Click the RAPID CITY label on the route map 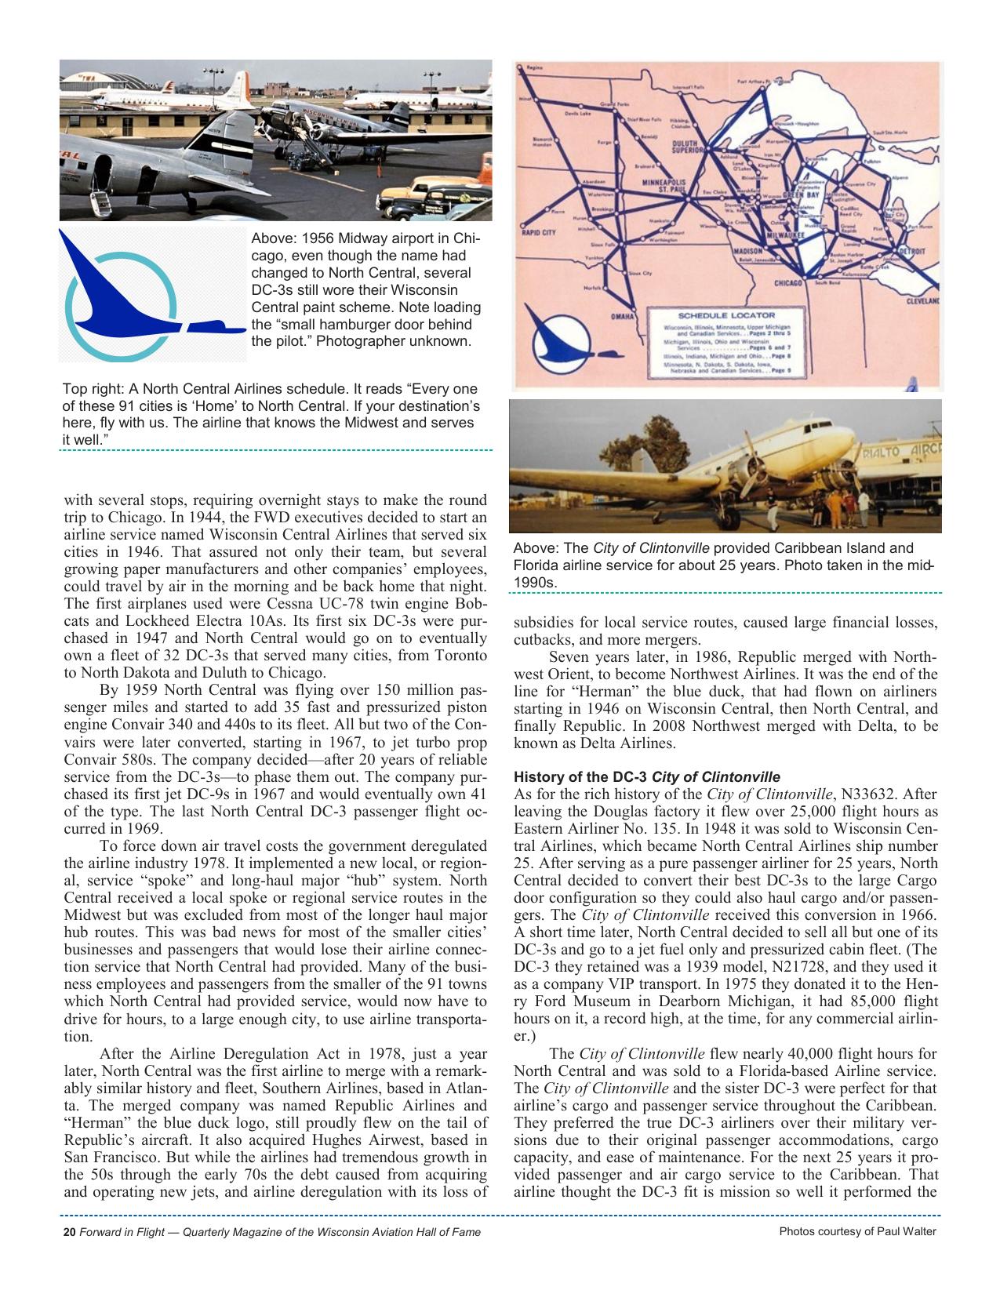point(539,232)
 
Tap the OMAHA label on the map point(624,317)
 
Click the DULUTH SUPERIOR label point(689,148)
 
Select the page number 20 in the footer point(68,1232)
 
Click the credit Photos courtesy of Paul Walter point(857,1231)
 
